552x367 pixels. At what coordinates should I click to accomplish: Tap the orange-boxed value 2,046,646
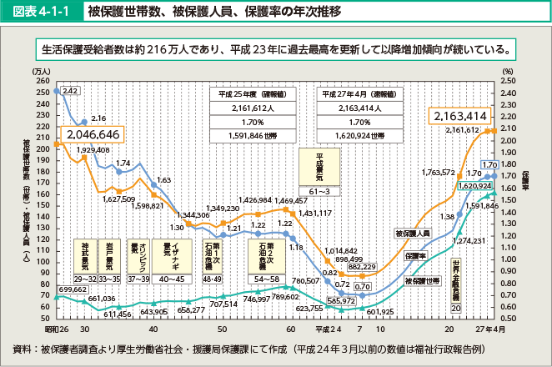click(93, 134)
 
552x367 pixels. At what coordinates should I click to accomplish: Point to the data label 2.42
click(70, 90)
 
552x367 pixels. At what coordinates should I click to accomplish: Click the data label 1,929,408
click(93, 149)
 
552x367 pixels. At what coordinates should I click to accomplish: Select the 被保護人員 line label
click(411, 233)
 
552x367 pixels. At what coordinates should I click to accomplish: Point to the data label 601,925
click(379, 311)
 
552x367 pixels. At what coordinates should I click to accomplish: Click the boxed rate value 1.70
click(489, 164)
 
